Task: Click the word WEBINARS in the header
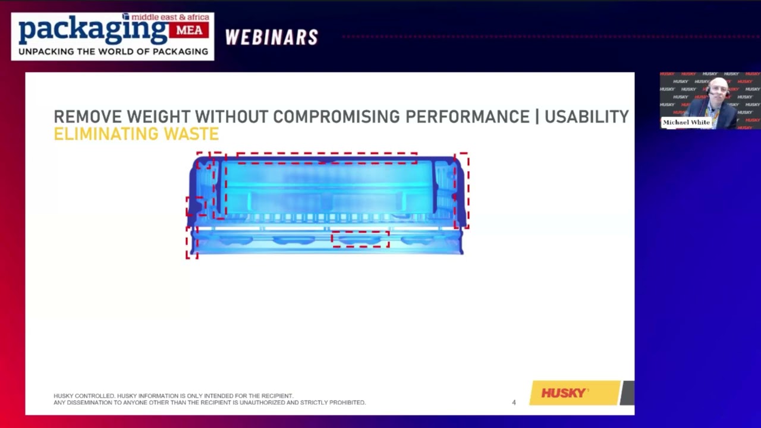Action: (x=271, y=37)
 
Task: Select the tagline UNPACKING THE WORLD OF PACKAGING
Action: (x=113, y=52)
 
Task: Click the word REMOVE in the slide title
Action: (x=87, y=117)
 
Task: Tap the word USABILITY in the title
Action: (x=586, y=117)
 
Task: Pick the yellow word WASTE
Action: (x=191, y=134)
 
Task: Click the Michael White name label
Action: (x=686, y=122)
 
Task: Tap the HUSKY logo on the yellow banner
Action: (x=564, y=393)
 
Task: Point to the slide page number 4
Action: (x=514, y=402)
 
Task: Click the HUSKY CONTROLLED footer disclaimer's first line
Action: (x=173, y=396)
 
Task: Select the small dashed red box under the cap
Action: (x=360, y=239)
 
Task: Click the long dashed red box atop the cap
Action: (x=326, y=158)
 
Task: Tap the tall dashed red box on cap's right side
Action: (x=461, y=190)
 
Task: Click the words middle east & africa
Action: (x=170, y=18)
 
